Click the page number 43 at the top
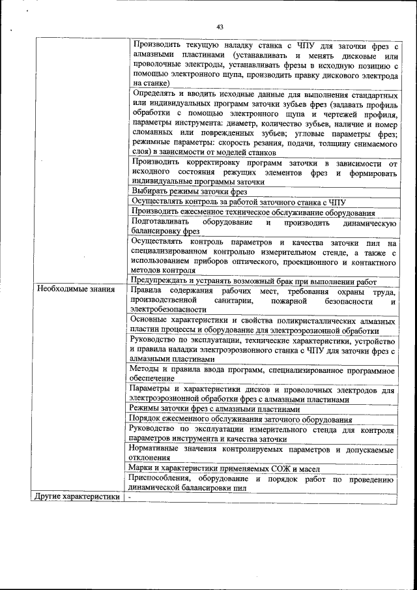tap(220, 27)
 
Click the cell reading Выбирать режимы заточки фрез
tap(189, 192)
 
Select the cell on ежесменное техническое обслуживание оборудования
tap(253, 213)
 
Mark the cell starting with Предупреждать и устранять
tap(254, 281)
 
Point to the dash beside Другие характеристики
tap(130, 496)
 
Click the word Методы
tap(146, 369)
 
